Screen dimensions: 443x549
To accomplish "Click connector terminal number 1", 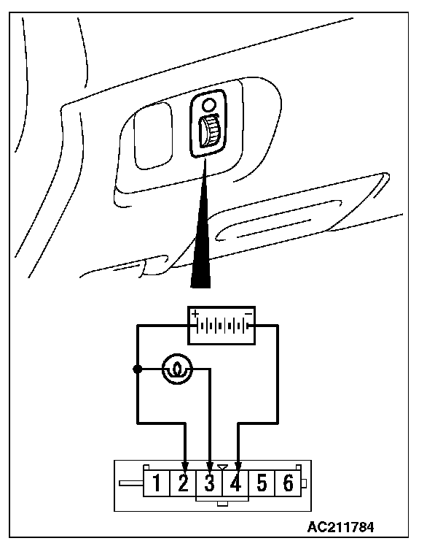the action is click(x=157, y=483).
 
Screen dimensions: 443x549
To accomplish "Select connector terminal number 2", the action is click(x=184, y=483).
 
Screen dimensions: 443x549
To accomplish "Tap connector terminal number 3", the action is click(x=210, y=483).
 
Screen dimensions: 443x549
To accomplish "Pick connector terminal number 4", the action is click(x=236, y=483).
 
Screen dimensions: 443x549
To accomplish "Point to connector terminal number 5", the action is click(x=262, y=483).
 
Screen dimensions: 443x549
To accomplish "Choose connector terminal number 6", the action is click(x=289, y=483).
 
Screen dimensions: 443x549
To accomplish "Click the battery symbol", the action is click(x=221, y=324).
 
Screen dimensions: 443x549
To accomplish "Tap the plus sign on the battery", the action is click(x=195, y=312).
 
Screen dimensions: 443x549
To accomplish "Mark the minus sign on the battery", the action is click(x=248, y=312).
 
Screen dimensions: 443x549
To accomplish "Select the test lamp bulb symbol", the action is click(x=175, y=369).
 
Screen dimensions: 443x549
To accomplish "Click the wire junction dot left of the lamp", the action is click(x=137, y=369).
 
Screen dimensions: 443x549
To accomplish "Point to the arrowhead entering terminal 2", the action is click(x=184, y=466).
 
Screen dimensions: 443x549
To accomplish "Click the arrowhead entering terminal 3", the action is click(x=211, y=466).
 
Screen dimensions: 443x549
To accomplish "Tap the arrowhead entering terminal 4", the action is click(x=238, y=466).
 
